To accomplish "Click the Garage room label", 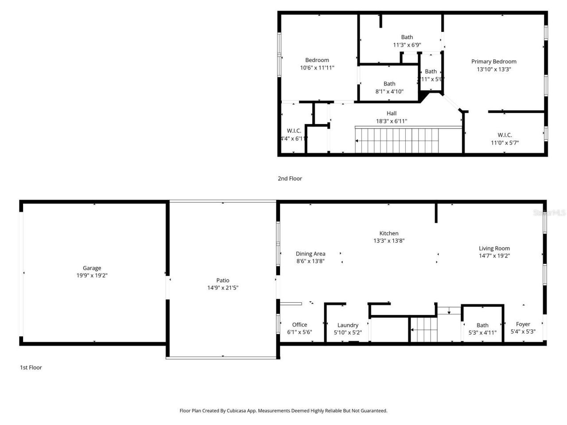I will [92, 268].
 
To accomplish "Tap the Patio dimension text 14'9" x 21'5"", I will [223, 288].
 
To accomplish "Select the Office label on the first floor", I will [299, 325].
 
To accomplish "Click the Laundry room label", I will [348, 325].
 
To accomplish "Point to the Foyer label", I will [523, 324].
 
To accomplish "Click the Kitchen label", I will [388, 233].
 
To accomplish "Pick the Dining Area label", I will [310, 254].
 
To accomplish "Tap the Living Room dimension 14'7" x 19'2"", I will [494, 255].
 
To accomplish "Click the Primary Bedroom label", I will [493, 62].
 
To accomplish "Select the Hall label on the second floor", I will [391, 113].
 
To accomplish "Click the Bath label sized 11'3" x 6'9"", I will [407, 37].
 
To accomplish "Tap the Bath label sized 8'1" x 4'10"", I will [389, 84].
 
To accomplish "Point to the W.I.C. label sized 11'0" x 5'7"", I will [505, 135].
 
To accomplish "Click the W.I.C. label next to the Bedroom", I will [294, 131].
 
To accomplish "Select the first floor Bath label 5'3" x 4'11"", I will [482, 325].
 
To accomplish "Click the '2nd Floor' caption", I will [290, 178].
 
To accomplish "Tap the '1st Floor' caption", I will [31, 367].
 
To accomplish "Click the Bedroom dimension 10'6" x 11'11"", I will [317, 68].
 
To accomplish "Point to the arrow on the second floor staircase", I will [357, 141].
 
